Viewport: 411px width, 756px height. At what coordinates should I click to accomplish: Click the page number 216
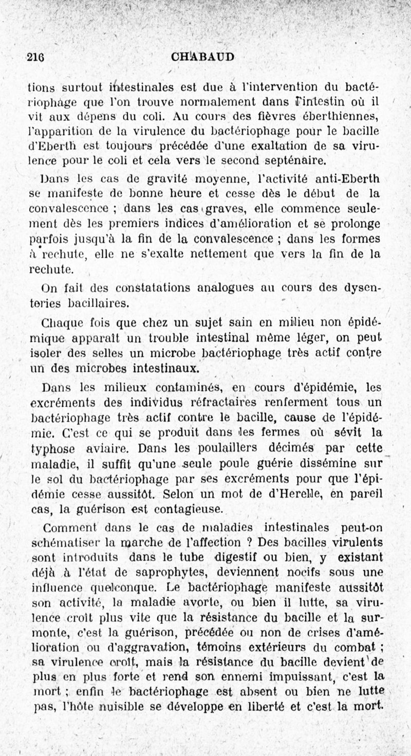click(x=35, y=57)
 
